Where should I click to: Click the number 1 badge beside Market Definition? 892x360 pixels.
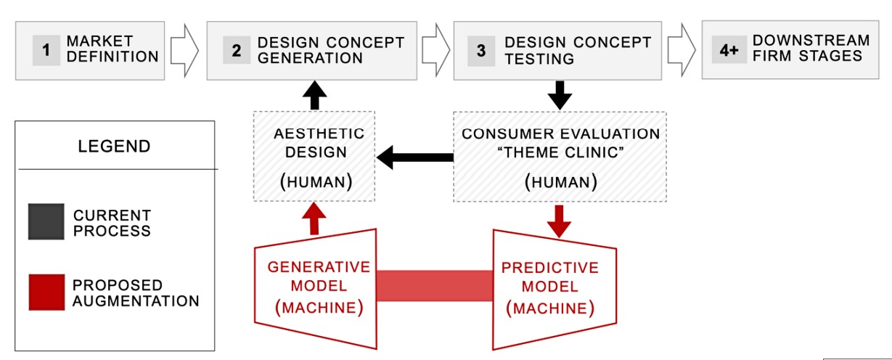pyautogui.click(x=46, y=50)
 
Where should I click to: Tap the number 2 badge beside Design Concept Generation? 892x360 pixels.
pyautogui.click(x=237, y=50)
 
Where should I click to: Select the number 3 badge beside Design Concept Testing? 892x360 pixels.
pyautogui.click(x=481, y=51)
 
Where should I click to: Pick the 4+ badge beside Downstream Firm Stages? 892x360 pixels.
pyautogui.click(x=729, y=49)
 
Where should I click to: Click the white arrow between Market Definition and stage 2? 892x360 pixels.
pyautogui.click(x=184, y=51)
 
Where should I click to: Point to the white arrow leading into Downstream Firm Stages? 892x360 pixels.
pyautogui.click(x=682, y=50)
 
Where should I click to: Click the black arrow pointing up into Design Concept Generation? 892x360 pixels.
pyautogui.click(x=314, y=95)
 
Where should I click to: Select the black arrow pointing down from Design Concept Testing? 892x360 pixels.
pyautogui.click(x=560, y=95)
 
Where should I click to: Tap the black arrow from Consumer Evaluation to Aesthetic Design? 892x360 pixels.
pyautogui.click(x=414, y=157)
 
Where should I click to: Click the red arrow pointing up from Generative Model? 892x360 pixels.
pyautogui.click(x=314, y=218)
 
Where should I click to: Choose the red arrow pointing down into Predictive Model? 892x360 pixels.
pyautogui.click(x=559, y=221)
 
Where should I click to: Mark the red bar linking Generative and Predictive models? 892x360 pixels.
pyautogui.click(x=435, y=285)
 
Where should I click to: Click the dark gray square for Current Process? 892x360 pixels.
pyautogui.click(x=46, y=221)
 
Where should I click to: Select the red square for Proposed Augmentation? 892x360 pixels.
pyautogui.click(x=46, y=292)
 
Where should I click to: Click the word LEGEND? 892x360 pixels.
pyautogui.click(x=114, y=146)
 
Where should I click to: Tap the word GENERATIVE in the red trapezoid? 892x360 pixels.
pyautogui.click(x=319, y=267)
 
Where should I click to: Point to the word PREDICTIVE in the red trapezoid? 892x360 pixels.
pyautogui.click(x=550, y=268)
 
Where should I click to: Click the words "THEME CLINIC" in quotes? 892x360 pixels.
pyautogui.click(x=561, y=152)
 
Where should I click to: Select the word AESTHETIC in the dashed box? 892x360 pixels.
pyautogui.click(x=319, y=134)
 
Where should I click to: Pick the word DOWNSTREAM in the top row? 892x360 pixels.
pyautogui.click(x=811, y=40)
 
